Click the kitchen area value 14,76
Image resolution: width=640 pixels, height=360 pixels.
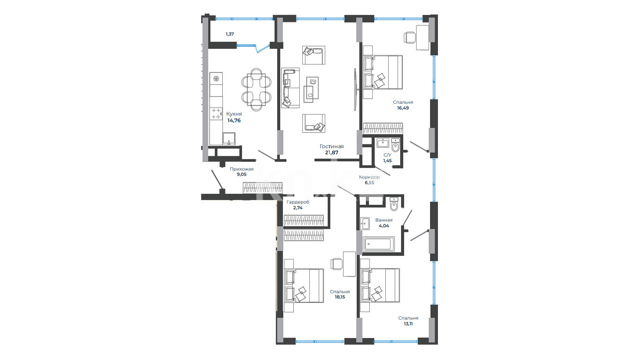pyautogui.click(x=234, y=120)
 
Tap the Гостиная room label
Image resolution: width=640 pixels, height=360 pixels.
pyautogui.click(x=332, y=147)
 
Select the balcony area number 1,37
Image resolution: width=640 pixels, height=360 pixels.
pyautogui.click(x=230, y=34)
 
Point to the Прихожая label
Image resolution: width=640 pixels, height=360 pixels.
pyautogui.click(x=242, y=169)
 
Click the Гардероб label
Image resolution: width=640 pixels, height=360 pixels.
pyautogui.click(x=298, y=202)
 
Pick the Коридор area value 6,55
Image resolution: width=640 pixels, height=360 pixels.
pyautogui.click(x=369, y=183)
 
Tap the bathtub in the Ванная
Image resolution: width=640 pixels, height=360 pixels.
pyautogui.click(x=379, y=244)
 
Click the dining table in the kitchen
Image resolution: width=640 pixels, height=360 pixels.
pyautogui.click(x=256, y=90)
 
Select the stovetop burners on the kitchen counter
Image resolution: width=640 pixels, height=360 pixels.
pyautogui.click(x=216, y=114)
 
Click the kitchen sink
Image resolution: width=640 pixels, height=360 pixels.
pyautogui.click(x=229, y=138)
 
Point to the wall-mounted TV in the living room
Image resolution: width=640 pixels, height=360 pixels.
pyautogui.click(x=355, y=90)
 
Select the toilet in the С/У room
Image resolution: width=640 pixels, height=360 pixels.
pyautogui.click(x=395, y=146)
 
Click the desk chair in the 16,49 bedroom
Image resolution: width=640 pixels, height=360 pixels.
pyautogui.click(x=409, y=38)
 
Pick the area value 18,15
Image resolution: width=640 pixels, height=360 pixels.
pyautogui.click(x=340, y=297)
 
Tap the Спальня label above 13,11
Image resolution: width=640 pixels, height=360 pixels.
pyautogui.click(x=408, y=318)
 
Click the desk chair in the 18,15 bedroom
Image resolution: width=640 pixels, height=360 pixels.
pyautogui.click(x=336, y=264)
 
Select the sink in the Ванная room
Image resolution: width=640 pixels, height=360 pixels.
pyautogui.click(x=365, y=223)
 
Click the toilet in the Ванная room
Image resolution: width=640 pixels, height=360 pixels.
pyautogui.click(x=394, y=204)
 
